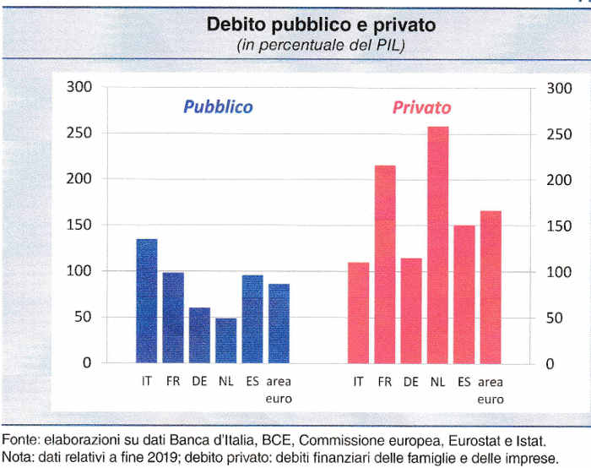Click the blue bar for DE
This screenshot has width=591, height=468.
click(199, 335)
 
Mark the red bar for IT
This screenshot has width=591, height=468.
click(359, 313)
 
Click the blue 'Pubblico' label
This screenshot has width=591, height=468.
click(219, 107)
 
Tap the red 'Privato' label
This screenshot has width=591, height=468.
click(421, 108)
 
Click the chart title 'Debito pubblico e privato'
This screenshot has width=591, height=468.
click(322, 26)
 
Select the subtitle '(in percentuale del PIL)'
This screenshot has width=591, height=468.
click(321, 45)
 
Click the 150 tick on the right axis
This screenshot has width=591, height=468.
click(558, 226)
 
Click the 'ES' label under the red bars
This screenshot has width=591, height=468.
click(464, 382)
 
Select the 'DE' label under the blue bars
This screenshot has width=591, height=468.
click(199, 382)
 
